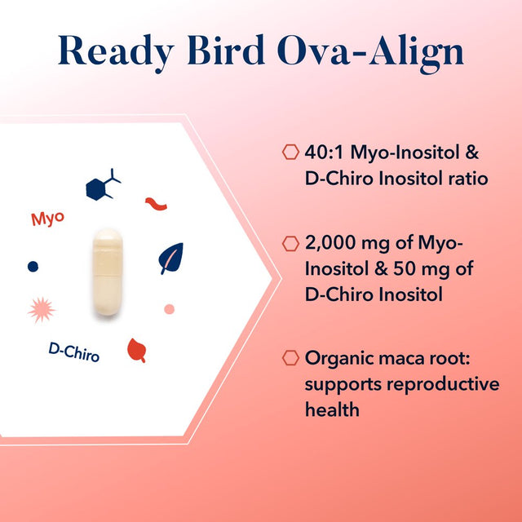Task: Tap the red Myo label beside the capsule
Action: click(47, 219)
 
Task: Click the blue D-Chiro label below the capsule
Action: click(74, 352)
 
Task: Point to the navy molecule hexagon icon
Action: click(101, 186)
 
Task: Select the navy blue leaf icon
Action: click(170, 258)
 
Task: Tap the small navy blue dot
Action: click(33, 266)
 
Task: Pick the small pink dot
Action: click(169, 308)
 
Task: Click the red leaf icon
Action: click(136, 349)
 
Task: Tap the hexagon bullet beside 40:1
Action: click(289, 152)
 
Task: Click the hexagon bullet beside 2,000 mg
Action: click(289, 243)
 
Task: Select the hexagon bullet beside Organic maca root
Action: click(289, 357)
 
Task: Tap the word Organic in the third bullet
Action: click(338, 357)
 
